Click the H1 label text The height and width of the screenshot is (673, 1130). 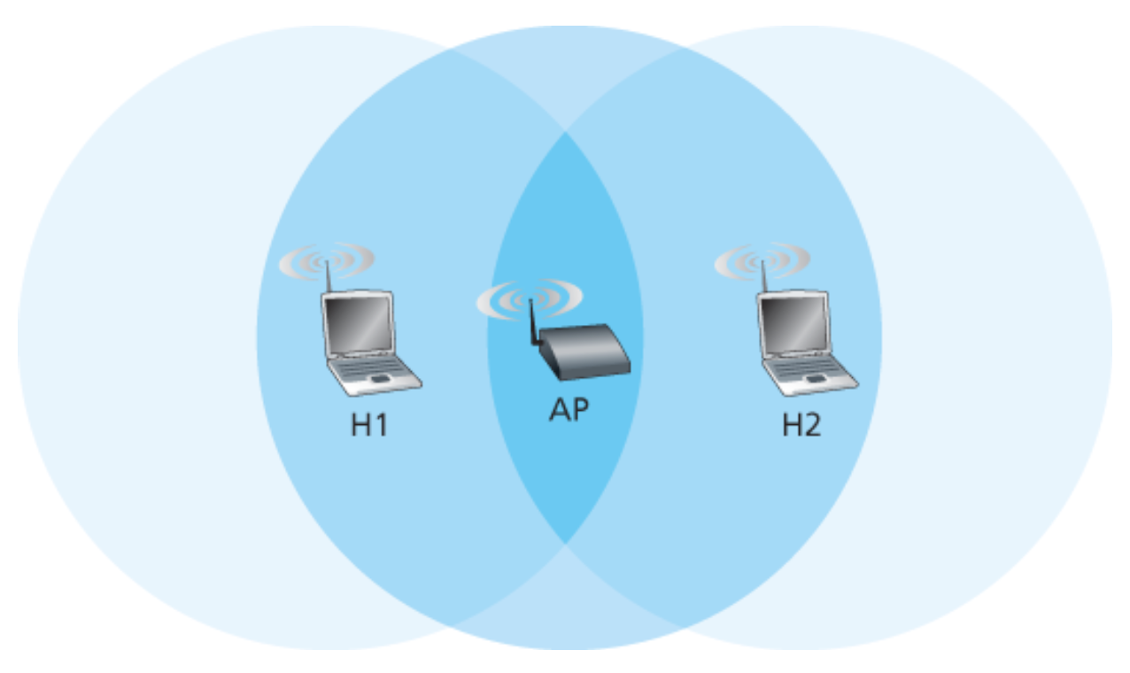369,425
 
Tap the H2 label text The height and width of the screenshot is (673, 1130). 801,425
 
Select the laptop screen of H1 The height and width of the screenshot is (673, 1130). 358,322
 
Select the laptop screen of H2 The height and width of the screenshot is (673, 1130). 793,322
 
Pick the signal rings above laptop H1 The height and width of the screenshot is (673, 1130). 327,260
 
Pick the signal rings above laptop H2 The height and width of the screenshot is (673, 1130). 762,260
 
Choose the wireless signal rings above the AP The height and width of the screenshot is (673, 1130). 530,298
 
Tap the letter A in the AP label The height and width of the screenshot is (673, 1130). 558,410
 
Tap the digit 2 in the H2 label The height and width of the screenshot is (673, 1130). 812,425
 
